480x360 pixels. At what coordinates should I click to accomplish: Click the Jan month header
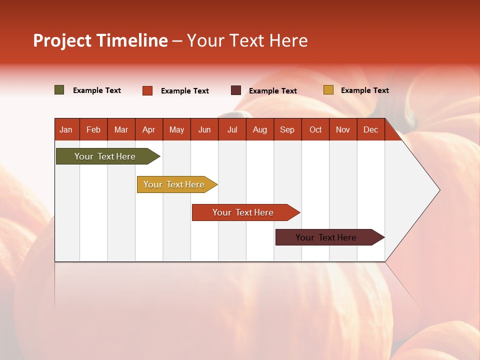tap(66, 129)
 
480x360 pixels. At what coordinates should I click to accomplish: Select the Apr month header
tap(148, 129)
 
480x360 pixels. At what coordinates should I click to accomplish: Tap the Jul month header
tap(232, 129)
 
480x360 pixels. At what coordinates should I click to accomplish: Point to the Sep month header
tap(287, 129)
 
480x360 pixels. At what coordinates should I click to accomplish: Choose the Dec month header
tap(370, 129)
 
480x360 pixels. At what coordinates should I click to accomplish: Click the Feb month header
tap(93, 129)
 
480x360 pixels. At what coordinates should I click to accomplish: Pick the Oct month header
tap(315, 129)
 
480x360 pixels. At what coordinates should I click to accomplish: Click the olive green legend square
tap(59, 90)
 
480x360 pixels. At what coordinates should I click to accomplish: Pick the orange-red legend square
tap(147, 90)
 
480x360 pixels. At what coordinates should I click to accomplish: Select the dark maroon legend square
tap(236, 90)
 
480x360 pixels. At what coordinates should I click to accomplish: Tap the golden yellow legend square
tap(328, 90)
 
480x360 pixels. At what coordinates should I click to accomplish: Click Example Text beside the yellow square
tap(364, 90)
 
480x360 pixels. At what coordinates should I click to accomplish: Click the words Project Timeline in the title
tap(100, 40)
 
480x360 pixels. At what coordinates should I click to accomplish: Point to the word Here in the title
tap(288, 40)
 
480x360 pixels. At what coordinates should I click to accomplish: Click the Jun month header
tap(204, 129)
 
